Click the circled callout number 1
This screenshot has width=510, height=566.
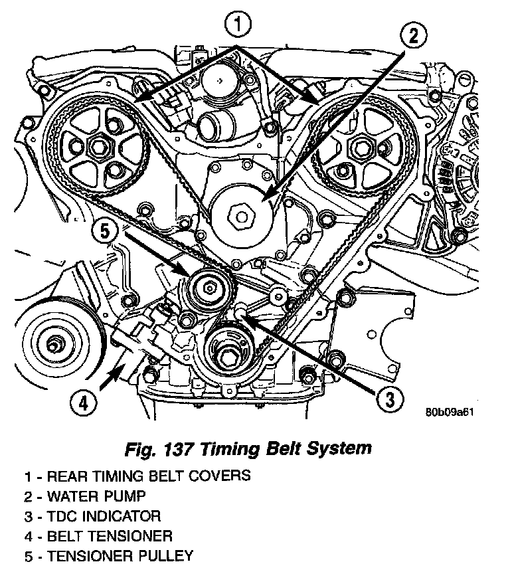239,27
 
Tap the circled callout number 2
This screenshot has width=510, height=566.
413,37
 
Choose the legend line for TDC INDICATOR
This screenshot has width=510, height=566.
92,516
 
